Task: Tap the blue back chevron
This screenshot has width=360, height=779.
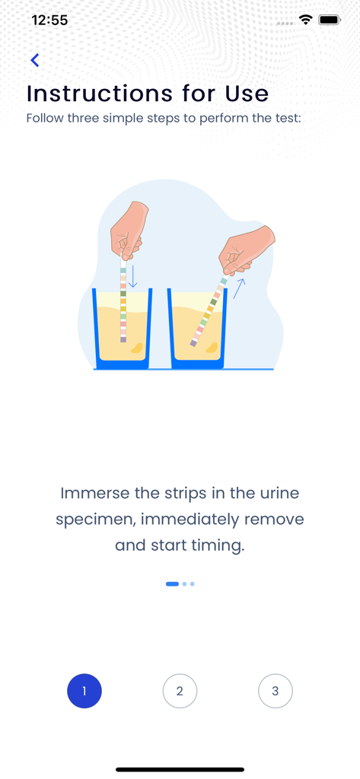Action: tap(34, 60)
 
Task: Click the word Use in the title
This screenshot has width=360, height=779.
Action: tap(247, 94)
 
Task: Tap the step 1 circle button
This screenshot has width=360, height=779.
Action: tap(84, 691)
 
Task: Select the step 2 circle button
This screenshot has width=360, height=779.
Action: tap(180, 691)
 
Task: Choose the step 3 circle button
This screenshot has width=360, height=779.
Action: tap(275, 691)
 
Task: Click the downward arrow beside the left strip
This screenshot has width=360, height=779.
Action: tap(133, 276)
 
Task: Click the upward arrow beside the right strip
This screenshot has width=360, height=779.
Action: tap(239, 288)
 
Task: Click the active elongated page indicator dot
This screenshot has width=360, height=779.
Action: tap(172, 584)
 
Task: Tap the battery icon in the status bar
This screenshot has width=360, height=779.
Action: tap(330, 21)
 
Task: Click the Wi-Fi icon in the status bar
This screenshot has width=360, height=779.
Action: tap(306, 21)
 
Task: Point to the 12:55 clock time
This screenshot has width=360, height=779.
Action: tap(49, 21)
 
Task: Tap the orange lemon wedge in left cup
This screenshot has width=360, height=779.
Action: tap(137, 348)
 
